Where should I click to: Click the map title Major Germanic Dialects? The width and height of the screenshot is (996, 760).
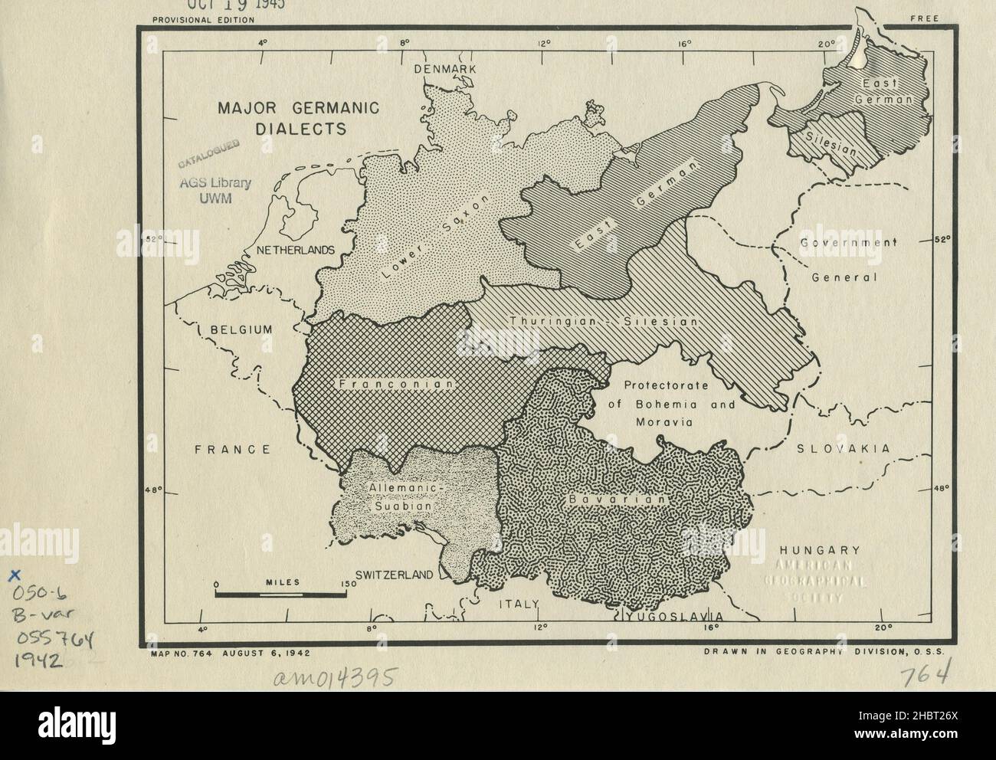point(287,117)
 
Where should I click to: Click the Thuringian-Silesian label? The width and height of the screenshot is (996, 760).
point(603,323)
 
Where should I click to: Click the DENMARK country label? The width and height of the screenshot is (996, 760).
point(445,69)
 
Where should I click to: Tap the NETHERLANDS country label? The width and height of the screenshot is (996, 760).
point(295,251)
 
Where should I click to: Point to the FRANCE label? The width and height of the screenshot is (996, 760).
point(232,450)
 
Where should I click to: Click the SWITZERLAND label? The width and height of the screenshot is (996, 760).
point(394,575)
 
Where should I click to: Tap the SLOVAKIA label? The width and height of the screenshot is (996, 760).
point(843,449)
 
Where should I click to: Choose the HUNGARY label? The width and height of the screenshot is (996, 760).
point(818,550)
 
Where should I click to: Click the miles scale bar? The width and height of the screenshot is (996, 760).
point(280,592)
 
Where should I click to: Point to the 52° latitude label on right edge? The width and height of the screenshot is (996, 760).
point(943,239)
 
